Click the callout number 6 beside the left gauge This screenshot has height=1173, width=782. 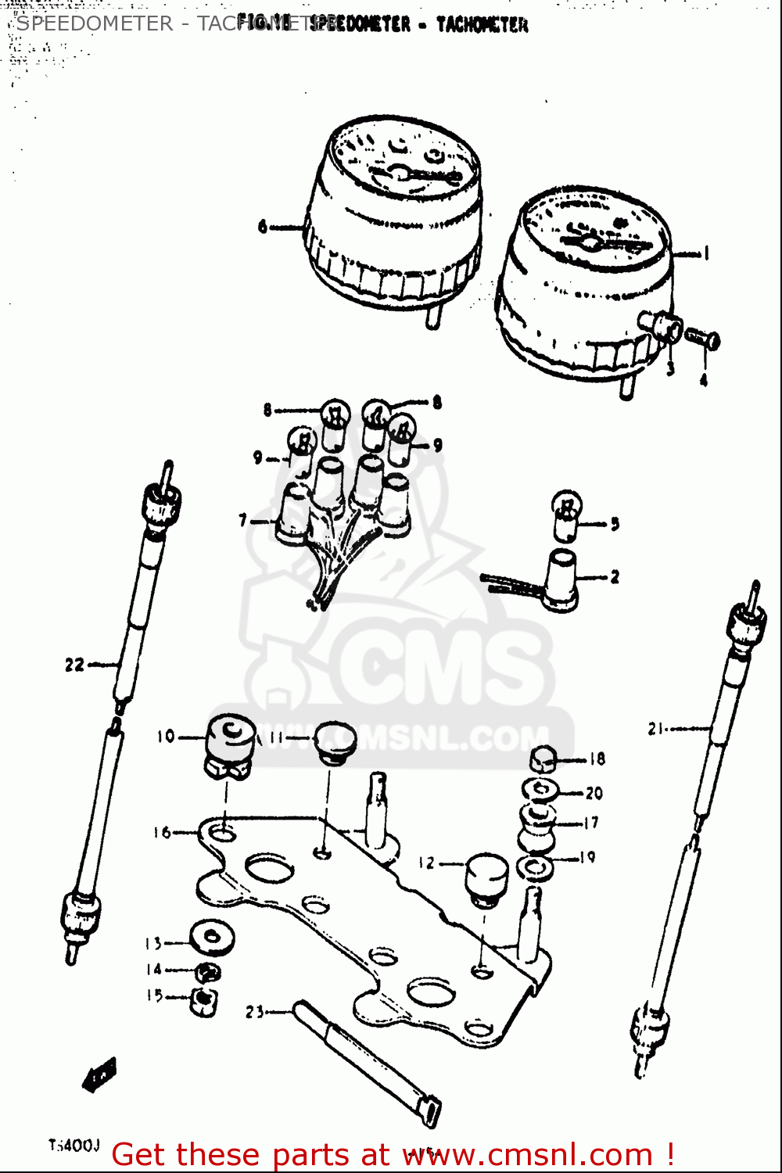[x=263, y=227]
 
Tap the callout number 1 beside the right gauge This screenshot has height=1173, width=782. [x=705, y=253]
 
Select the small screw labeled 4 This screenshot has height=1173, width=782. [x=703, y=339]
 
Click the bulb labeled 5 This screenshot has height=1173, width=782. [x=567, y=516]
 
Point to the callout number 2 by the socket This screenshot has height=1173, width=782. [x=615, y=577]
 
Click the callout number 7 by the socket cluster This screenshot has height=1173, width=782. [x=243, y=520]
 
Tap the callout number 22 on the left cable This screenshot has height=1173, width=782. [x=74, y=665]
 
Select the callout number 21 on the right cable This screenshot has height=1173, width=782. [x=655, y=729]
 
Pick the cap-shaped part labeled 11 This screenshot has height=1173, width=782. [x=335, y=741]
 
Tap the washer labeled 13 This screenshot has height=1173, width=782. [x=212, y=938]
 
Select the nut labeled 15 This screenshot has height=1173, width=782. [x=203, y=1002]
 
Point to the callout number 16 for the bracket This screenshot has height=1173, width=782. [x=162, y=833]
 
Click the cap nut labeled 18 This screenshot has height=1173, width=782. [x=543, y=759]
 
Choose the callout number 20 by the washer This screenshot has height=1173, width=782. [x=594, y=793]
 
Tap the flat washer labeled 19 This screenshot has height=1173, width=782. [x=535, y=867]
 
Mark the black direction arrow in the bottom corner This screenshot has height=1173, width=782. [x=99, y=1075]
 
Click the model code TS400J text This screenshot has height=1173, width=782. [x=74, y=1146]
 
